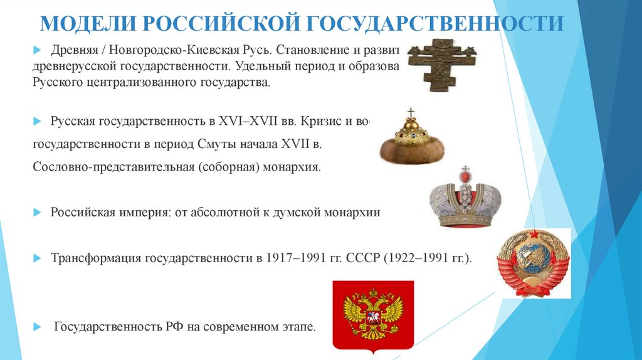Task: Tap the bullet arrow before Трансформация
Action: point(37,258)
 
